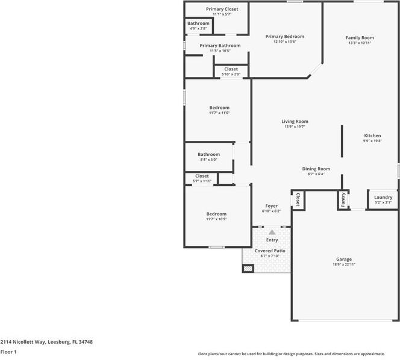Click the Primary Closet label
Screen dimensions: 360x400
[222, 9]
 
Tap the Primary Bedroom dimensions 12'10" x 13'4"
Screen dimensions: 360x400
[285, 42]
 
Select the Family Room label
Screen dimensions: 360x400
[360, 37]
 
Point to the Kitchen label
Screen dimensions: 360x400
[372, 135]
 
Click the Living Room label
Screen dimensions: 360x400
[295, 121]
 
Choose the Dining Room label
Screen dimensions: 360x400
[316, 169]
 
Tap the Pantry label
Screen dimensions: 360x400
[343, 199]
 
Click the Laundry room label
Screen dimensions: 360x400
[383, 197]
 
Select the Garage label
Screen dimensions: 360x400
[345, 259]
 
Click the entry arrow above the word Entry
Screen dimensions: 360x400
[272, 232]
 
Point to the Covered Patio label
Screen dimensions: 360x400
[270, 250]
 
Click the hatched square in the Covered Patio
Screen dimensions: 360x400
[248, 268]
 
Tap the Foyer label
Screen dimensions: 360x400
[270, 206]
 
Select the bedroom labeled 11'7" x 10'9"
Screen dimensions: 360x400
[216, 214]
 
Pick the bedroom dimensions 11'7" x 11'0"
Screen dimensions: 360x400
[219, 113]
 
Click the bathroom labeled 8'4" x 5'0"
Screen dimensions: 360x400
[209, 154]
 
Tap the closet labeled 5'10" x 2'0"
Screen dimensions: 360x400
[231, 69]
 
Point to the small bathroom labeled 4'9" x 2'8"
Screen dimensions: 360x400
[198, 23]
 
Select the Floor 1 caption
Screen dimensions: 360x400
[8, 352]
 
